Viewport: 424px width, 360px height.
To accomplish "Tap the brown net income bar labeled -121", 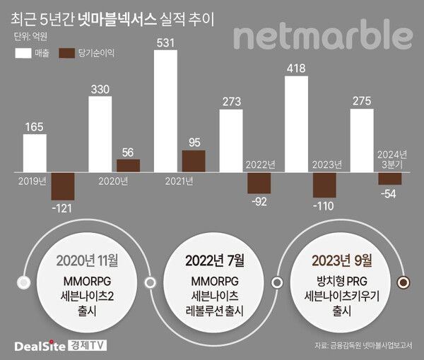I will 63,186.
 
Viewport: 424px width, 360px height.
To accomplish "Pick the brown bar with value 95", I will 194,161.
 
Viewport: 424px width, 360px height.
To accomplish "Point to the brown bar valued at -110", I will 324,185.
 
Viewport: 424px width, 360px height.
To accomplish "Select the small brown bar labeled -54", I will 389,179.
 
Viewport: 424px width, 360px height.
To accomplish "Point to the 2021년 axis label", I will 178,181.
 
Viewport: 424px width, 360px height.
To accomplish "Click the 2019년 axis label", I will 32,181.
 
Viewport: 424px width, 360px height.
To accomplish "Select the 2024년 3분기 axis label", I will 391,159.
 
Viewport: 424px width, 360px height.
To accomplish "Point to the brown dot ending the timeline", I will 404,282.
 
